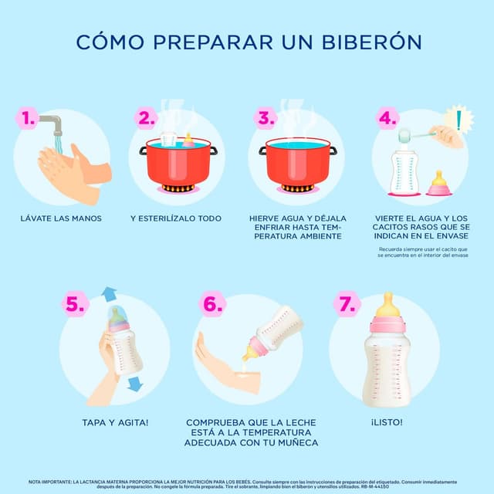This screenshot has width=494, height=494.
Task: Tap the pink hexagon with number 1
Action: coord(29,118)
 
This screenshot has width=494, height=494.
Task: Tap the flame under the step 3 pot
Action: coord(297,188)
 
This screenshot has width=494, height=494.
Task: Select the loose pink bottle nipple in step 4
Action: coord(439,184)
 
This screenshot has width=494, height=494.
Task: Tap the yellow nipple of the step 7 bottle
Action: coord(387,303)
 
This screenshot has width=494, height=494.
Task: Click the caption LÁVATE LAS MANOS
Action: coord(61,218)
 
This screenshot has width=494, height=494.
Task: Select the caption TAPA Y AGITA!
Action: coord(115,422)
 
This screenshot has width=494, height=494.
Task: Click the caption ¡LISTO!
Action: coord(387,422)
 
